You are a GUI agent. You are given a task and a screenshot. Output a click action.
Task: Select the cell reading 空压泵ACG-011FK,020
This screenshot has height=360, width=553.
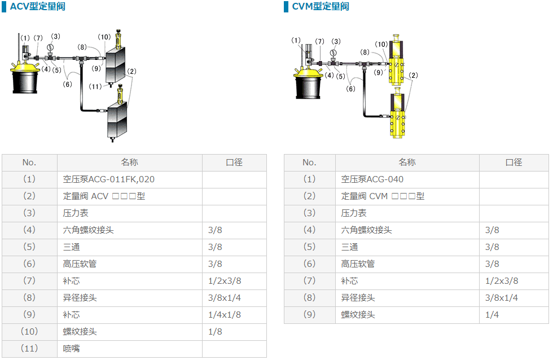pos(108,179)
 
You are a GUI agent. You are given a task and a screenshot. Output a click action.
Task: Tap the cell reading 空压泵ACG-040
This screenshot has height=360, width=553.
pos(372,179)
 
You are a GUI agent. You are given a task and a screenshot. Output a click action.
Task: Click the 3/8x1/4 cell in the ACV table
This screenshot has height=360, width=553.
pos(224,298)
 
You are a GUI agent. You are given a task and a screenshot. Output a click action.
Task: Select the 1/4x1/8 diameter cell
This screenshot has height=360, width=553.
pos(224,315)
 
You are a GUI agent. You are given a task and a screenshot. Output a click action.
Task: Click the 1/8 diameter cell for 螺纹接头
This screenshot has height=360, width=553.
pos(215,332)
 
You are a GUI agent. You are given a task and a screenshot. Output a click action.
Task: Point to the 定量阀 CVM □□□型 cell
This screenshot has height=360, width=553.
pos(383,196)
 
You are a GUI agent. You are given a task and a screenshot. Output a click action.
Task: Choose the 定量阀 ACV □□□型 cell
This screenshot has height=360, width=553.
pos(104,196)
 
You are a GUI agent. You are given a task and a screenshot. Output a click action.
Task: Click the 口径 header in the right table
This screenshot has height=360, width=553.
pos(513,163)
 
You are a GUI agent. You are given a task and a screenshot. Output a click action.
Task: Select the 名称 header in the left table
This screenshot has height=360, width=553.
pos(129,163)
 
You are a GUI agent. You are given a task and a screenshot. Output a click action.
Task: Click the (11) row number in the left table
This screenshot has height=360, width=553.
pos(29,349)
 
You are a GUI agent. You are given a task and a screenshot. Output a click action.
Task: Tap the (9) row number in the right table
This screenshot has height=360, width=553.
pos(309,315)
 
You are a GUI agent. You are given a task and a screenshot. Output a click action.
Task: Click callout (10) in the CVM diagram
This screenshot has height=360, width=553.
pos(382,44)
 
